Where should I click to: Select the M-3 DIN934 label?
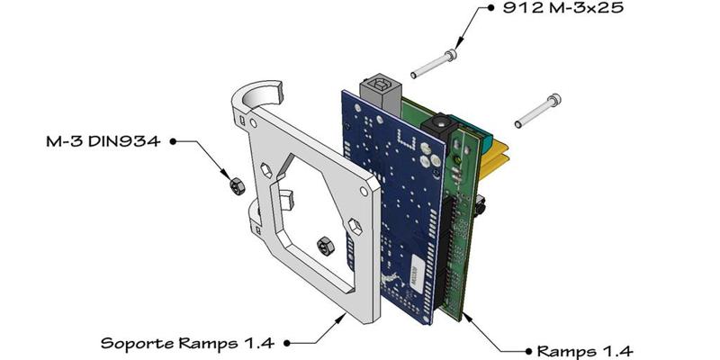click(x=103, y=141)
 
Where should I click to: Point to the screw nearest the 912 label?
click(x=433, y=63)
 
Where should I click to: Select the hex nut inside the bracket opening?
click(x=324, y=244)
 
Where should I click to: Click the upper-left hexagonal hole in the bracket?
click(x=267, y=168)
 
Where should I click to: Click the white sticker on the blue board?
click(x=417, y=266)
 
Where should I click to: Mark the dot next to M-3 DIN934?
click(x=173, y=141)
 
